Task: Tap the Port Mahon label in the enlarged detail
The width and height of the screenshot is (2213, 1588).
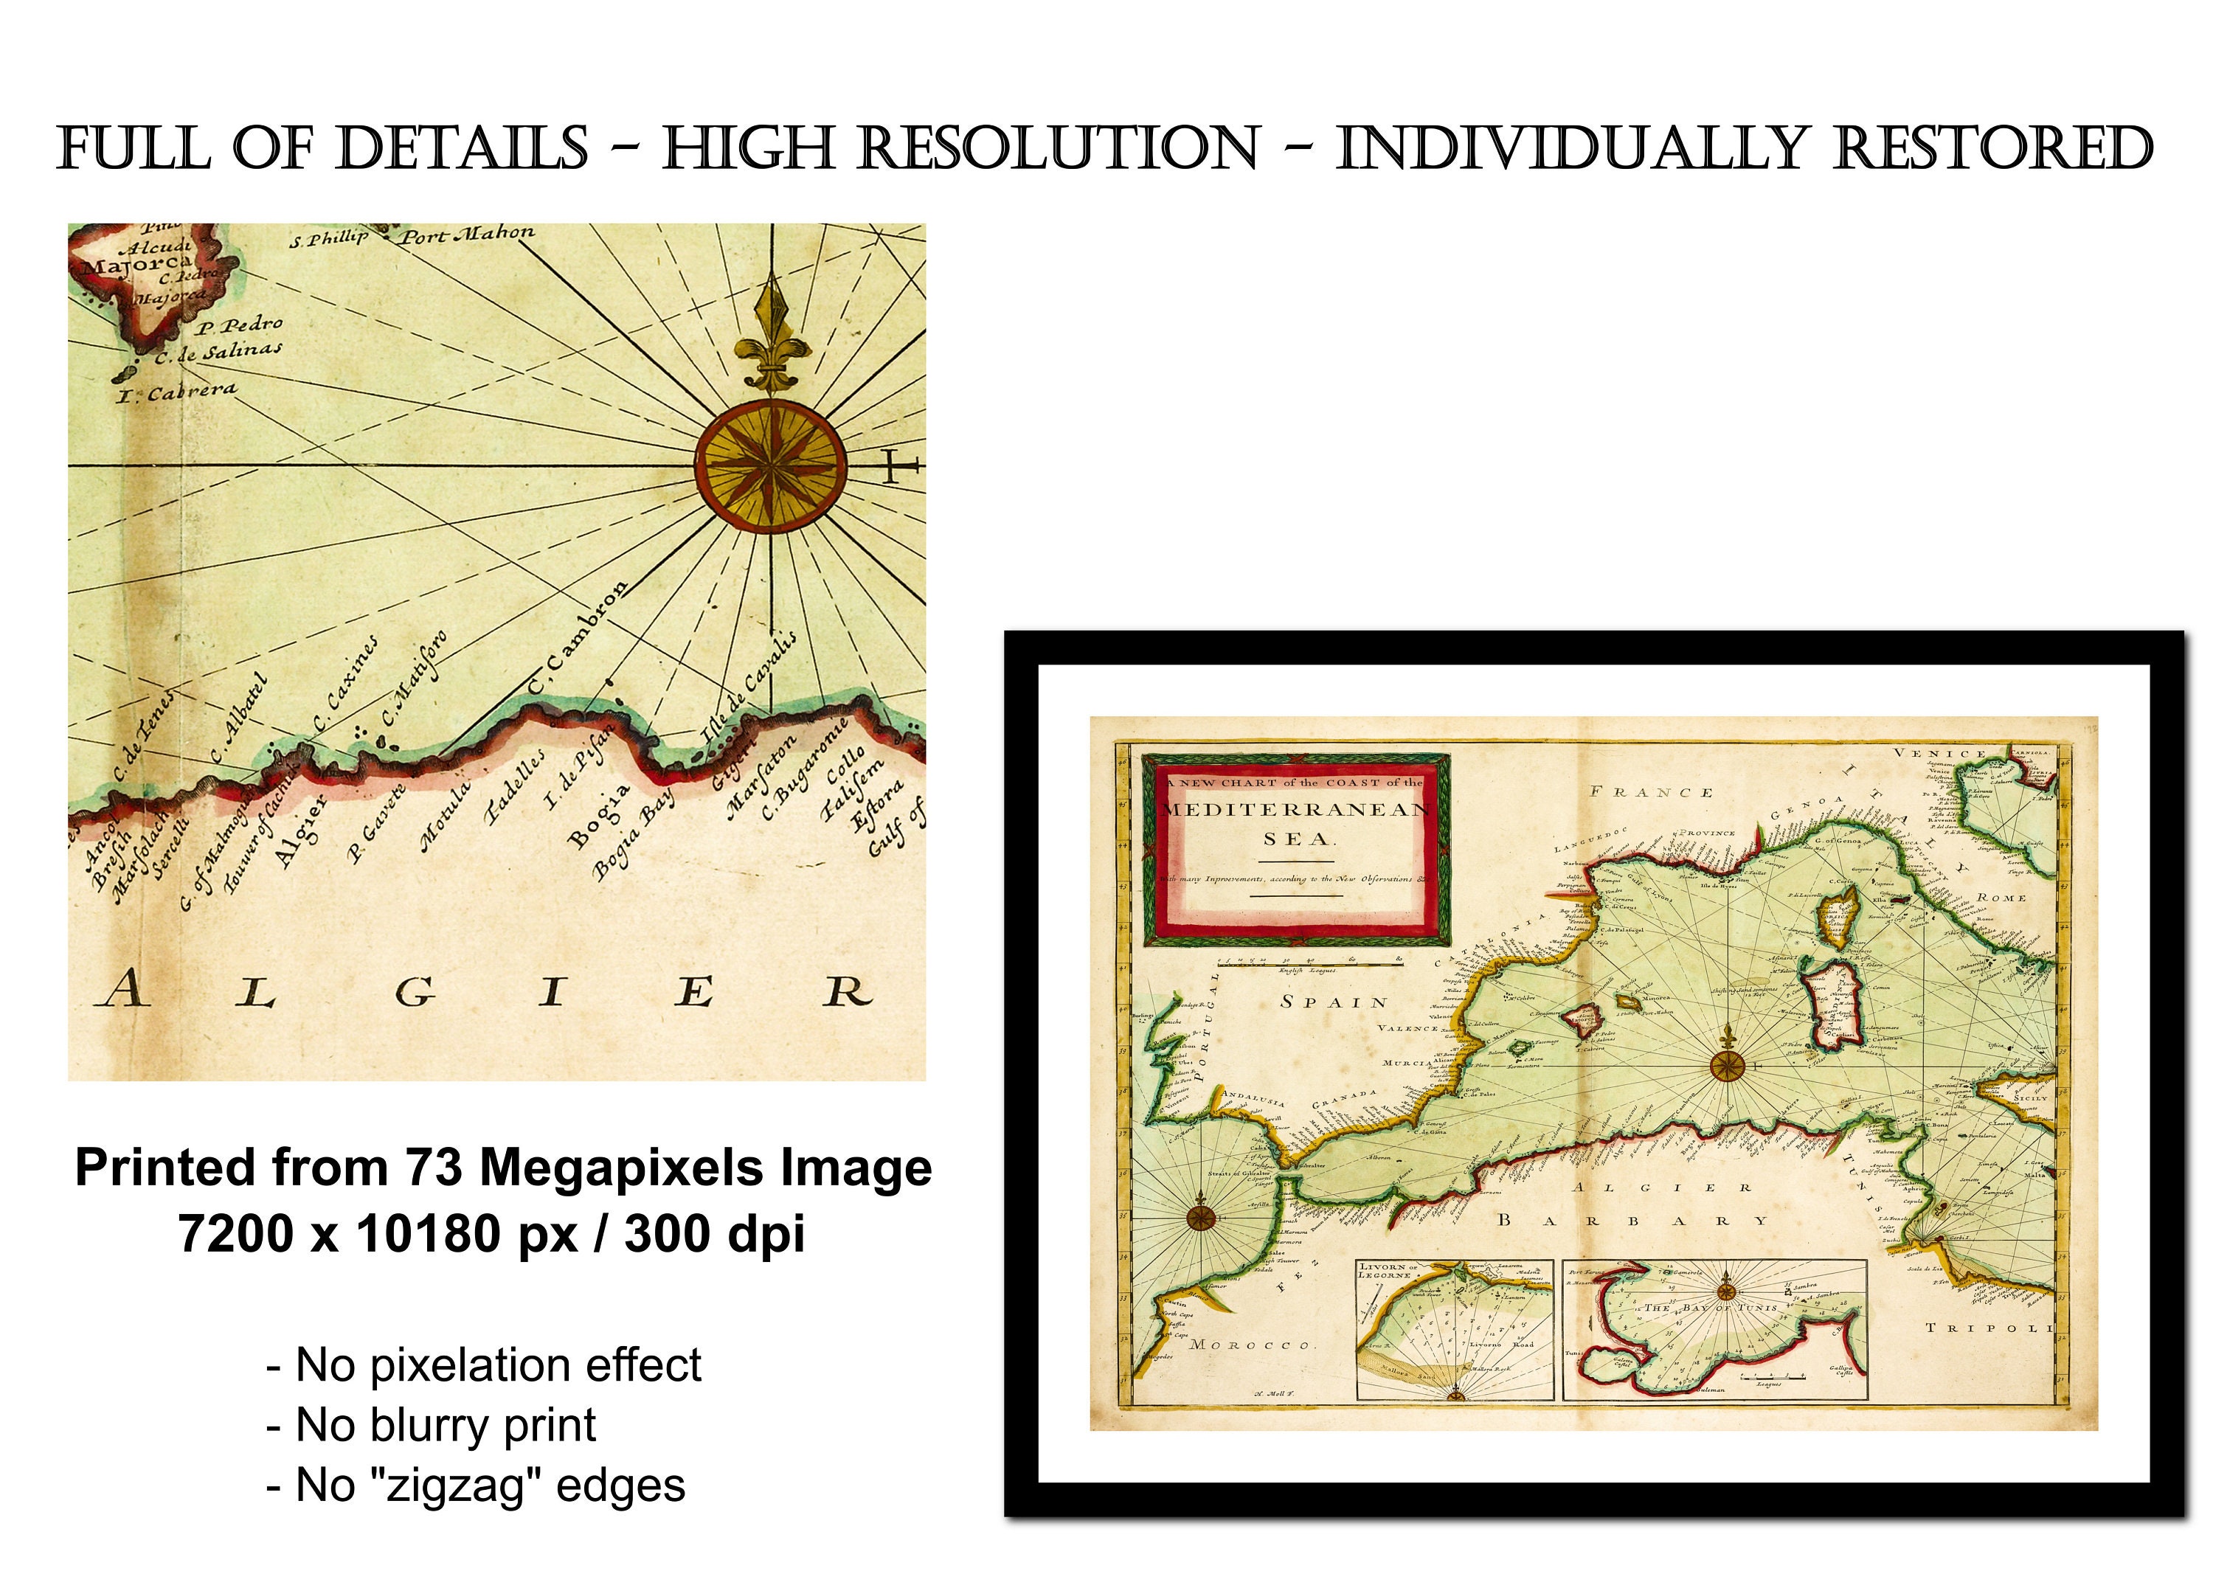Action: (468, 234)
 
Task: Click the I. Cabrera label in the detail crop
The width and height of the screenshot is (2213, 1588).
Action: (176, 392)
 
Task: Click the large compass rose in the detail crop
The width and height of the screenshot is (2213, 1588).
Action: (771, 466)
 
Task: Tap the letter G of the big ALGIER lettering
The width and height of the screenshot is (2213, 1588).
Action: (415, 993)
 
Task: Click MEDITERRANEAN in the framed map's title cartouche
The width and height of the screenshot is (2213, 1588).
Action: (1297, 810)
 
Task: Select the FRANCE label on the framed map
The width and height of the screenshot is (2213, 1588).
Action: (1651, 792)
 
